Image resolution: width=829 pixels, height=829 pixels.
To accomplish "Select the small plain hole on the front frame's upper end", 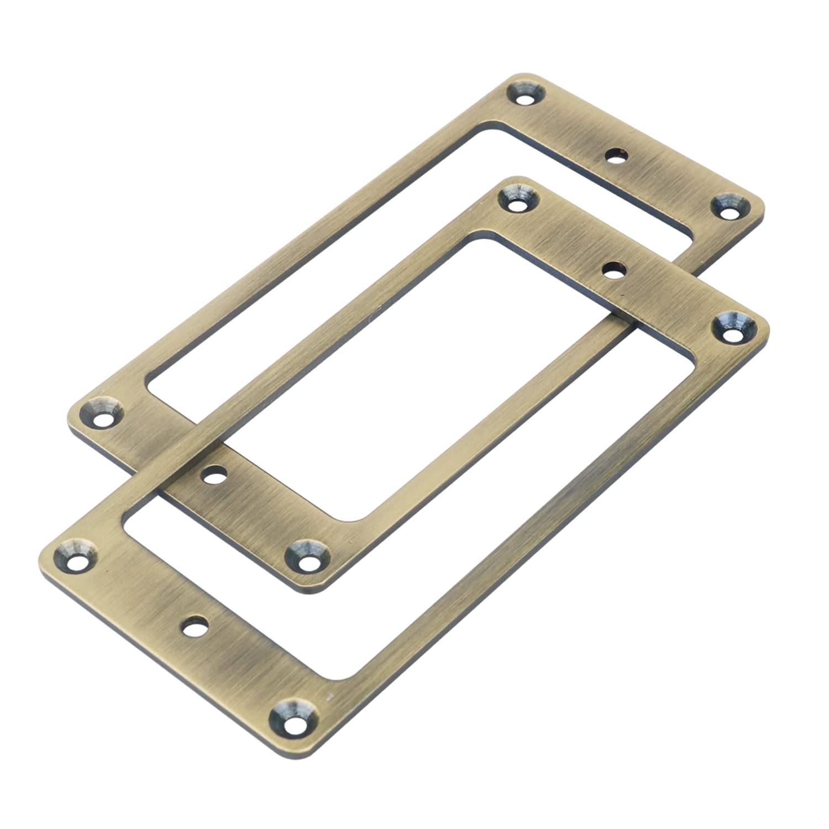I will tap(611, 271).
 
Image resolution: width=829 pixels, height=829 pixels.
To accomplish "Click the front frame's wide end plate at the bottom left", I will tap(182, 636).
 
